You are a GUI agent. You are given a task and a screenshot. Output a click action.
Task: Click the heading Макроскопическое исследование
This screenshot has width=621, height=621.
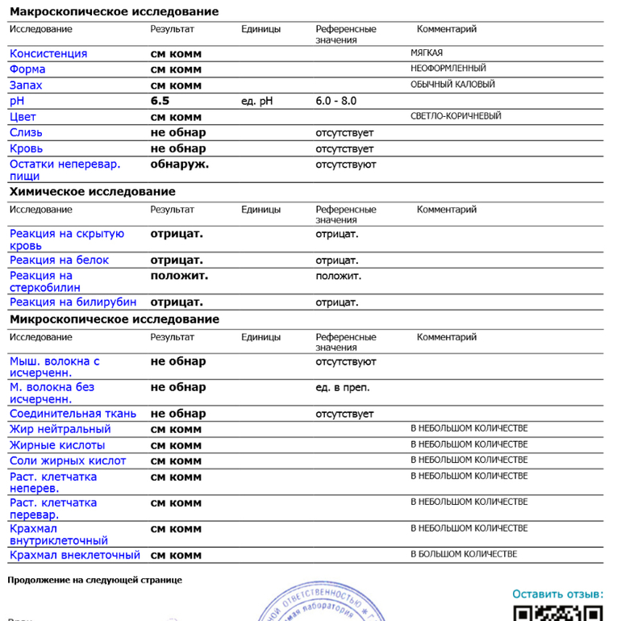point(114,12)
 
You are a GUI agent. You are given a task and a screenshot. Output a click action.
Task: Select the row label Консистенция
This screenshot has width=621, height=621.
point(48,54)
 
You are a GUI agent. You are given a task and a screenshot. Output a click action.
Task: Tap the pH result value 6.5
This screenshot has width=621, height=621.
point(160,101)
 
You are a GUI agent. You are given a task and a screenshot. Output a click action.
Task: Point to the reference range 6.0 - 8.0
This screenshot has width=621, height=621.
point(336,101)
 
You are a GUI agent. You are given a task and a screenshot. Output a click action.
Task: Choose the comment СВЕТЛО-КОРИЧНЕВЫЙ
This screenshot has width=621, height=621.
point(456,116)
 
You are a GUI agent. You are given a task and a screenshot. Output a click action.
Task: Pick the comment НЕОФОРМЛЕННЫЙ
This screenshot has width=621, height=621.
point(448,69)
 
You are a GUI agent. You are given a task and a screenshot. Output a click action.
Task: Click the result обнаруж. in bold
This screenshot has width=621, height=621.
point(180,164)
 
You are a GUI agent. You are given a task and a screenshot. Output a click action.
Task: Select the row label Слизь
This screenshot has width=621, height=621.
point(26,132)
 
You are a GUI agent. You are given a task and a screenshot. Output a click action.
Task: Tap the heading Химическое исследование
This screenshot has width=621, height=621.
point(92,192)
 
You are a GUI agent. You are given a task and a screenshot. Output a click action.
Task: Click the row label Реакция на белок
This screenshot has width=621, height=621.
point(59,260)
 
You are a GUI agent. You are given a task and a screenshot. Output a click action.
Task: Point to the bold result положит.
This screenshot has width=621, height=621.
point(179,276)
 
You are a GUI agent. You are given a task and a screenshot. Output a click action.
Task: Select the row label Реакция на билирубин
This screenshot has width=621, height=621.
point(73,302)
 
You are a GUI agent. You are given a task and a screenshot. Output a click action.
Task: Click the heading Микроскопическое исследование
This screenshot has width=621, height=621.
point(114,319)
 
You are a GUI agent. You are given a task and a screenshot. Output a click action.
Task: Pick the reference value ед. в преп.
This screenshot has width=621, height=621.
point(343,388)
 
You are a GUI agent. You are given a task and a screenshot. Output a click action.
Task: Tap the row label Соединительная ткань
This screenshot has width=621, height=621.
point(73,414)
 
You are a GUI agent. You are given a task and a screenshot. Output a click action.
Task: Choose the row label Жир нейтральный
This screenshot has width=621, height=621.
point(60,429)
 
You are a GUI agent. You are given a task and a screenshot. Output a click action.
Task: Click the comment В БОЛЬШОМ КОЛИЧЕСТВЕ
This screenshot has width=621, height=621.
point(464,554)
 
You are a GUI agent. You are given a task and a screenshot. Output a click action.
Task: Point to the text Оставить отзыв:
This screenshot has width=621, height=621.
point(557,594)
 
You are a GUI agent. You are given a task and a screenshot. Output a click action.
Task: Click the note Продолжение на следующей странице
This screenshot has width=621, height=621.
point(94,580)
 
